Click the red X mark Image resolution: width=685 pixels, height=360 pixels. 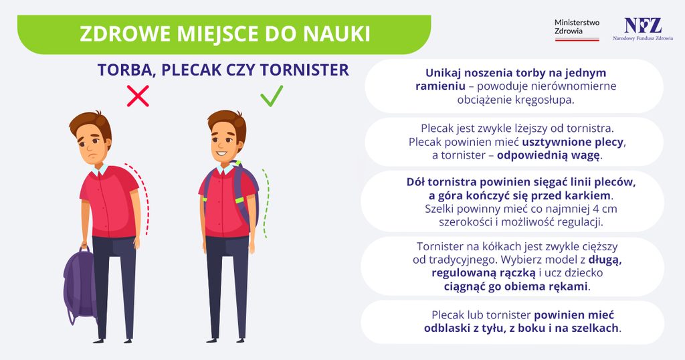pos(138,96)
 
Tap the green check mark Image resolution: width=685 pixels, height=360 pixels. pos(272,96)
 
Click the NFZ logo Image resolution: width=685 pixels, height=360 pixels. pos(643,29)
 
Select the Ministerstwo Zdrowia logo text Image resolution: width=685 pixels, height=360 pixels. pos(577,27)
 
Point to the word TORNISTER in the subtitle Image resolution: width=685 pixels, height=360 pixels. pos(304,70)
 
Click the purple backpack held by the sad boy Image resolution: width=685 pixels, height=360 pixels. pos(80,284)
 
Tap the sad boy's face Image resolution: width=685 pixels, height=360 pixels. pos(92,145)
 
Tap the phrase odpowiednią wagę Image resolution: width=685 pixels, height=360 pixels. pos(549,156)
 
